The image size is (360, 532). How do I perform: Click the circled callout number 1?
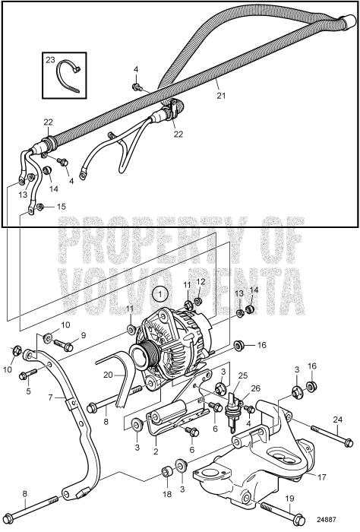pos(159,292)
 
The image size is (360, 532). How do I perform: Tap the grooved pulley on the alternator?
pos(141,354)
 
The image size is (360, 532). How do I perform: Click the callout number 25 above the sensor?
pos(243,376)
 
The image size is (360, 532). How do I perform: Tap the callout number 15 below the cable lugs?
pos(62,207)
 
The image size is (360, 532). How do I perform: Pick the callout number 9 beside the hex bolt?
pos(84,335)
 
